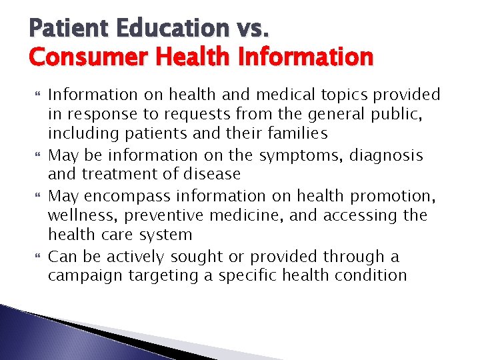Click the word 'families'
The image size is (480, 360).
point(295,134)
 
